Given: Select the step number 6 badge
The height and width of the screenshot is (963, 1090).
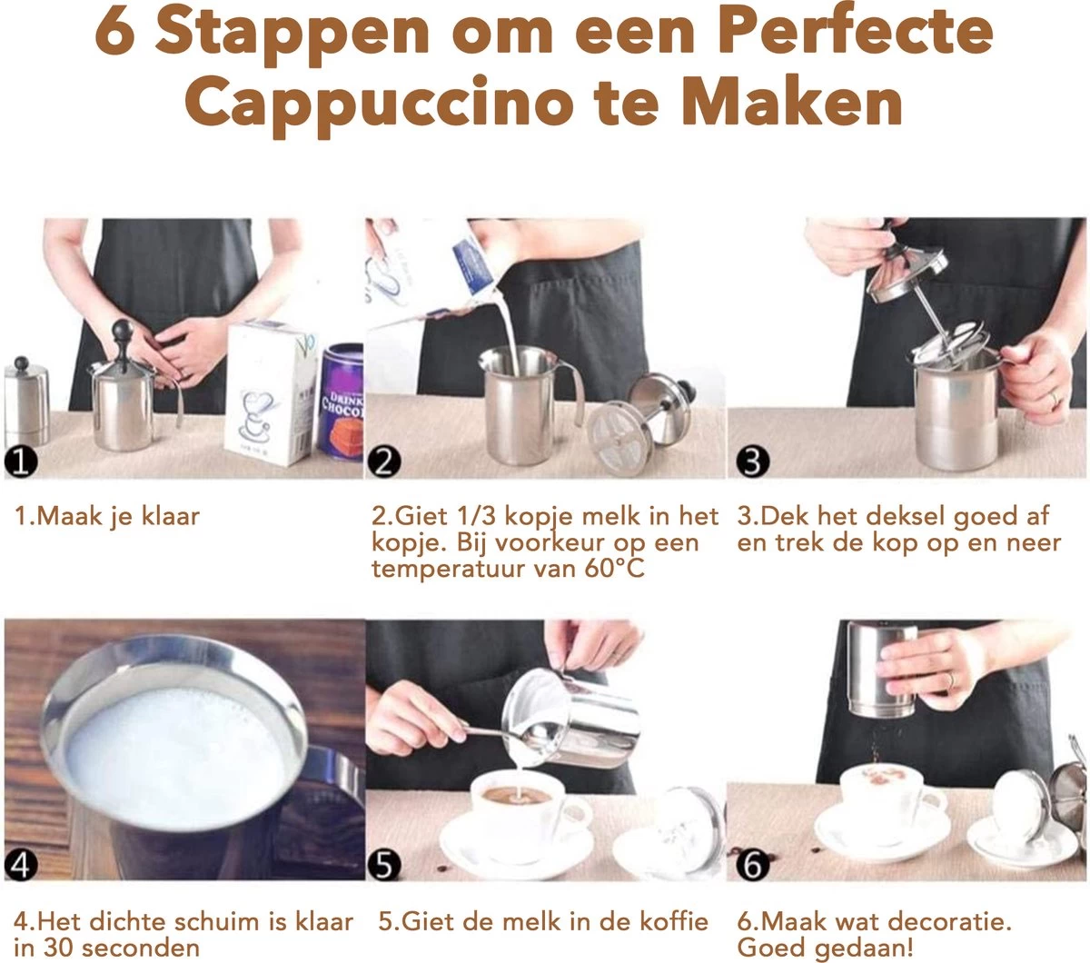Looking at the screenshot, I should click(751, 865).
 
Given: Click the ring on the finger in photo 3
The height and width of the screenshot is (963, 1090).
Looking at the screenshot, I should click(1053, 399).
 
